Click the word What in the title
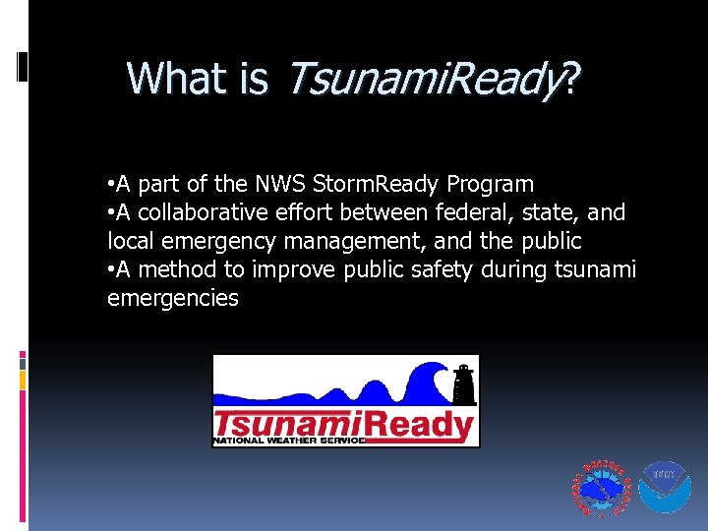click(171, 78)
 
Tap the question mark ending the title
click(570, 78)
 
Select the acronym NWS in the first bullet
click(280, 184)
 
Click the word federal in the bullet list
click(465, 212)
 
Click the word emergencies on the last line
click(173, 298)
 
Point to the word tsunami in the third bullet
click(596, 269)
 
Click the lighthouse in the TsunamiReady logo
click(463, 383)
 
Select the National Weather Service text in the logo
click(289, 441)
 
